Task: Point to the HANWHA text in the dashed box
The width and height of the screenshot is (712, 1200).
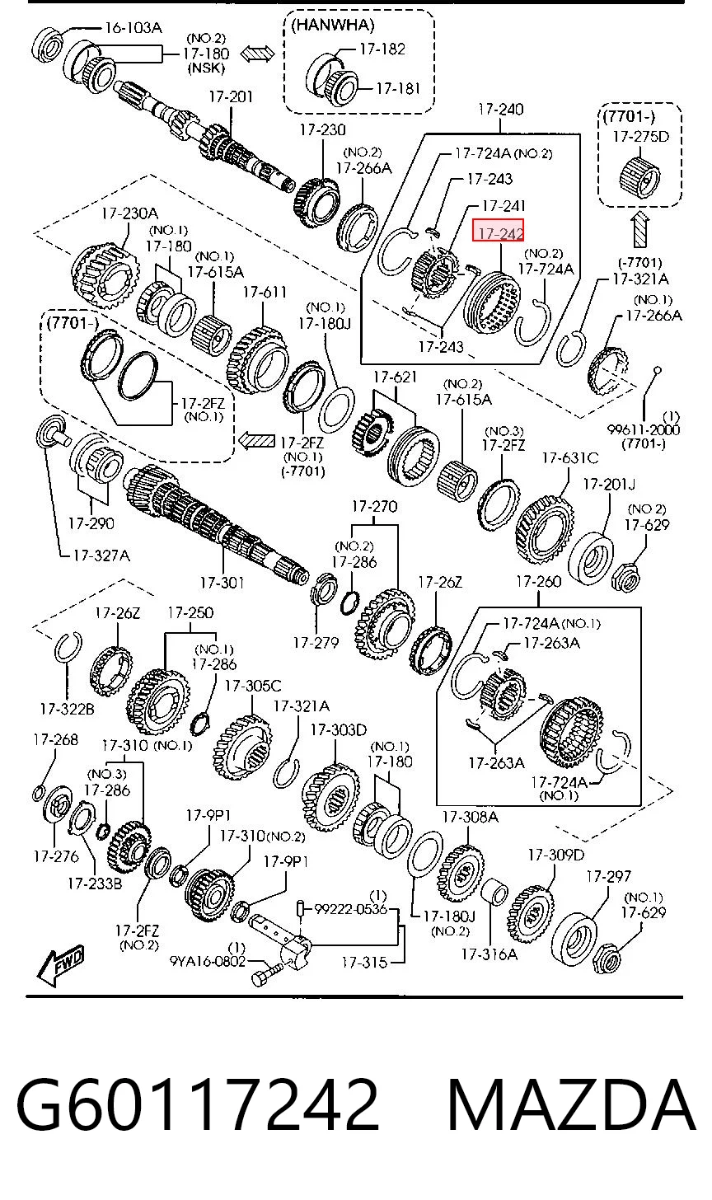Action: (333, 26)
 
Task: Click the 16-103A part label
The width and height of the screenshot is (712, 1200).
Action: (133, 27)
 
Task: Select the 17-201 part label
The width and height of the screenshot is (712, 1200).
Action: (231, 97)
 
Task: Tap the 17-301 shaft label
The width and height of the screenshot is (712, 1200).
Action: (222, 583)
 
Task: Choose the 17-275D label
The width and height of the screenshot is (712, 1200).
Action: (641, 137)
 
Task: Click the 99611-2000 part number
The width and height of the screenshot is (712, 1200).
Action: (643, 429)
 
